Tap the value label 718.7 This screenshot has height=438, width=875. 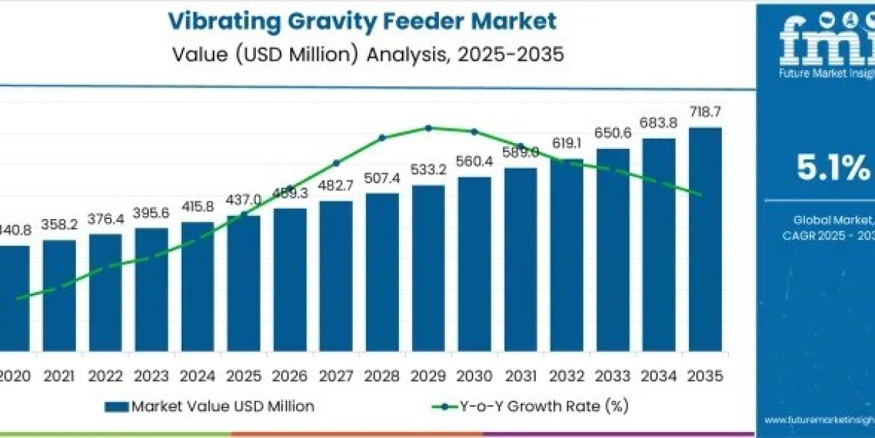click(705, 112)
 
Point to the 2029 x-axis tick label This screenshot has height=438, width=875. click(428, 376)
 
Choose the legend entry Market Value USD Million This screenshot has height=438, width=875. click(211, 407)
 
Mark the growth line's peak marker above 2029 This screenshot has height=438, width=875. click(429, 128)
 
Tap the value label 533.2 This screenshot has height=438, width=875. click(428, 170)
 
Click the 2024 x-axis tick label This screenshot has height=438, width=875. click(198, 376)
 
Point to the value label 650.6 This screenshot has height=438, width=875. click(612, 134)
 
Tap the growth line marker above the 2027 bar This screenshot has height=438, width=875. click(336, 163)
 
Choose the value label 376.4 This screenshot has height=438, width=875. click(105, 220)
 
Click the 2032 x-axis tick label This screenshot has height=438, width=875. click(567, 376)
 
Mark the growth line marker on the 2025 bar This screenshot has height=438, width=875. click(244, 215)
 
